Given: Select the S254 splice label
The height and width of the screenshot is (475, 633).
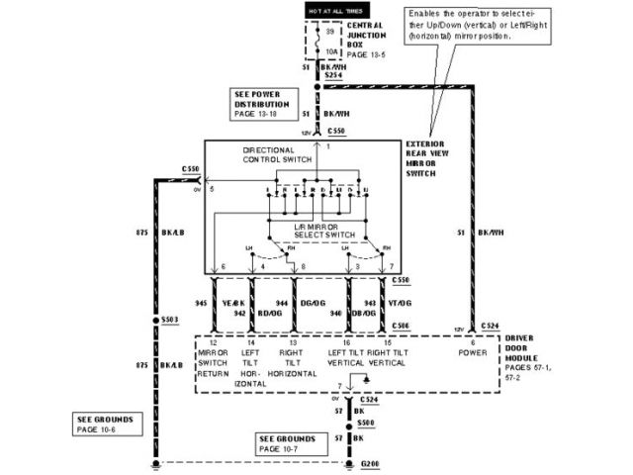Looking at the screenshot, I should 334,76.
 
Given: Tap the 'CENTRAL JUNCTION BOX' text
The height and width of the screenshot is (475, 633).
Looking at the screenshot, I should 369,35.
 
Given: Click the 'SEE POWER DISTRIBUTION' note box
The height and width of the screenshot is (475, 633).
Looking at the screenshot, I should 262,102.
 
